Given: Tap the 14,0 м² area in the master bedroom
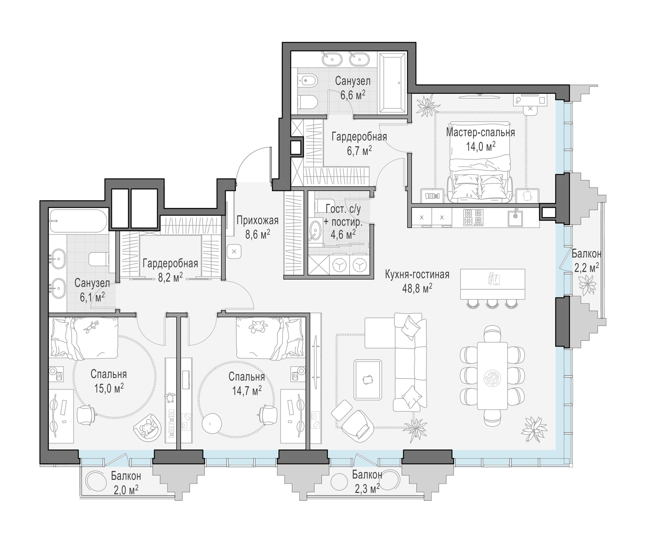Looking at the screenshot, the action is [481, 146].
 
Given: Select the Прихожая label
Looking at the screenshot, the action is [257, 220].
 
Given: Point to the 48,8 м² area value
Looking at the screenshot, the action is [417, 288].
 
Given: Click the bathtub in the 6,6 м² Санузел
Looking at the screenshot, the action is [392, 83].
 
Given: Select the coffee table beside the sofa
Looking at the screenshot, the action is [368, 379].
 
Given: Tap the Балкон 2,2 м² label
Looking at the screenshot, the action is [586, 261].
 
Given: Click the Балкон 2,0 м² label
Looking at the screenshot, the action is [126, 483].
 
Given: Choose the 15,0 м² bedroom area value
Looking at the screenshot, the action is [109, 388].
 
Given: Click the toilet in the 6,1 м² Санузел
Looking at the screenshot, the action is [99, 259].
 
